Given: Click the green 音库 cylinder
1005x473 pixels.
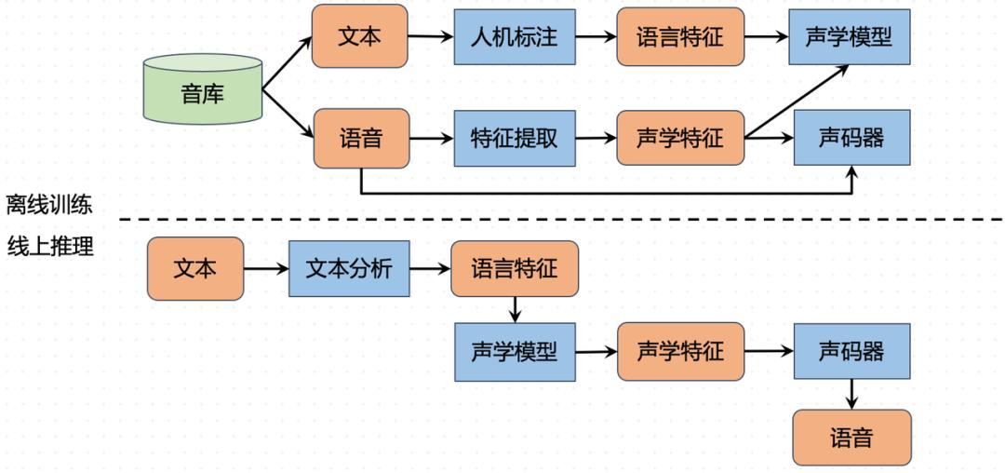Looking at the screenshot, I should (203, 90).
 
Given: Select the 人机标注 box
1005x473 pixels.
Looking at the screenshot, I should (515, 37).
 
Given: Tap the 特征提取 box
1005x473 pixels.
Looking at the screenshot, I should (515, 138).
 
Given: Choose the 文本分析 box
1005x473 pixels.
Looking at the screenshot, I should (349, 269).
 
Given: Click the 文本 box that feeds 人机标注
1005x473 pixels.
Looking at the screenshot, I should (359, 36).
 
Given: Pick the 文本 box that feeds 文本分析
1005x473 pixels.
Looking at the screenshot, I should (195, 269).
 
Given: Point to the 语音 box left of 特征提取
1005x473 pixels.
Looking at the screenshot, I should (361, 138).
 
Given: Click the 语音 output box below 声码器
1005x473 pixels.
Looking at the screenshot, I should (851, 437).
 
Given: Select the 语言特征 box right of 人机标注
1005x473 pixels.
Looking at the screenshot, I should (680, 37).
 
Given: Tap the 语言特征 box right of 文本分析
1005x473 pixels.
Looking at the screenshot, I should (515, 269).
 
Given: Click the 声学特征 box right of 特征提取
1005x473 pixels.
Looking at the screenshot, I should (680, 138).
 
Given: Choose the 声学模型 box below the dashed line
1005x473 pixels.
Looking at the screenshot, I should (515, 352).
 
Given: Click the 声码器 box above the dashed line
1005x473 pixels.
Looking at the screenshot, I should (851, 138).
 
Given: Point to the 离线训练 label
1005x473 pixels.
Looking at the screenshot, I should (49, 203).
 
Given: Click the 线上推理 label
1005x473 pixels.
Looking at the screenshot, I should (49, 246).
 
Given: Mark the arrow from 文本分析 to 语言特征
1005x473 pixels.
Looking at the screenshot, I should (430, 269).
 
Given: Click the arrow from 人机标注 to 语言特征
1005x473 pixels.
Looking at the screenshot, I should (596, 37).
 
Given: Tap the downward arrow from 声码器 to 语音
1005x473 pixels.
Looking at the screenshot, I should (851, 394).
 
